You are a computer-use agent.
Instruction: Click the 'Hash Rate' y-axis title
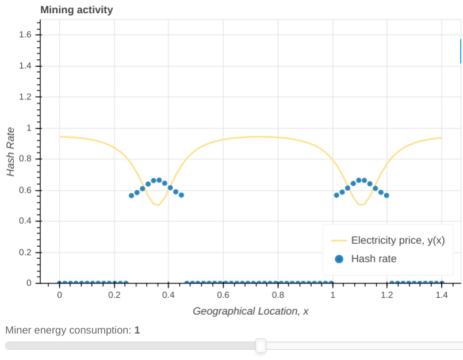point(10,151)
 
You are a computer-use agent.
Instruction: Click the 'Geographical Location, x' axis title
point(250,311)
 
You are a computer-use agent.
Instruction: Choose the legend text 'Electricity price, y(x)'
point(398,240)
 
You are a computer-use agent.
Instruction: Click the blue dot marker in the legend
point(339,259)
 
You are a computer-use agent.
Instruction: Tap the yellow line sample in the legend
point(339,240)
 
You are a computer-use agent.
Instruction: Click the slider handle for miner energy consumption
point(261,345)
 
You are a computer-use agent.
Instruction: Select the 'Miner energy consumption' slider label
point(68,330)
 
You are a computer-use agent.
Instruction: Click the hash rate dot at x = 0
point(60,283)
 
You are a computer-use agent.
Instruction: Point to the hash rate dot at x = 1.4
point(442,283)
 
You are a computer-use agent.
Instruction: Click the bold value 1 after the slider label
point(137,330)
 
